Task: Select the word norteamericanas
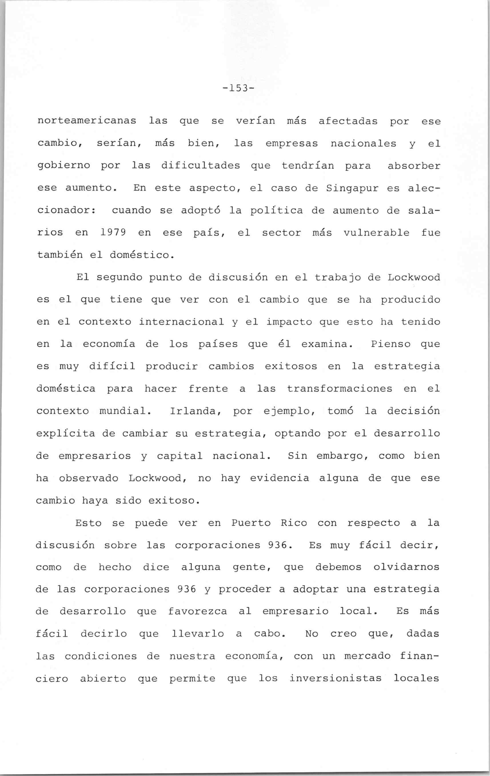[87, 121]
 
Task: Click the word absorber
[414, 166]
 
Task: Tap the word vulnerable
[376, 232]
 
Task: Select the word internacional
[182, 322]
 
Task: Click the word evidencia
[280, 478]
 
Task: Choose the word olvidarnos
[406, 567]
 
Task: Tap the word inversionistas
[335, 679]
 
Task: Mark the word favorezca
[197, 612]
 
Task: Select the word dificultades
[200, 166]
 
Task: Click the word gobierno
[64, 166]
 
